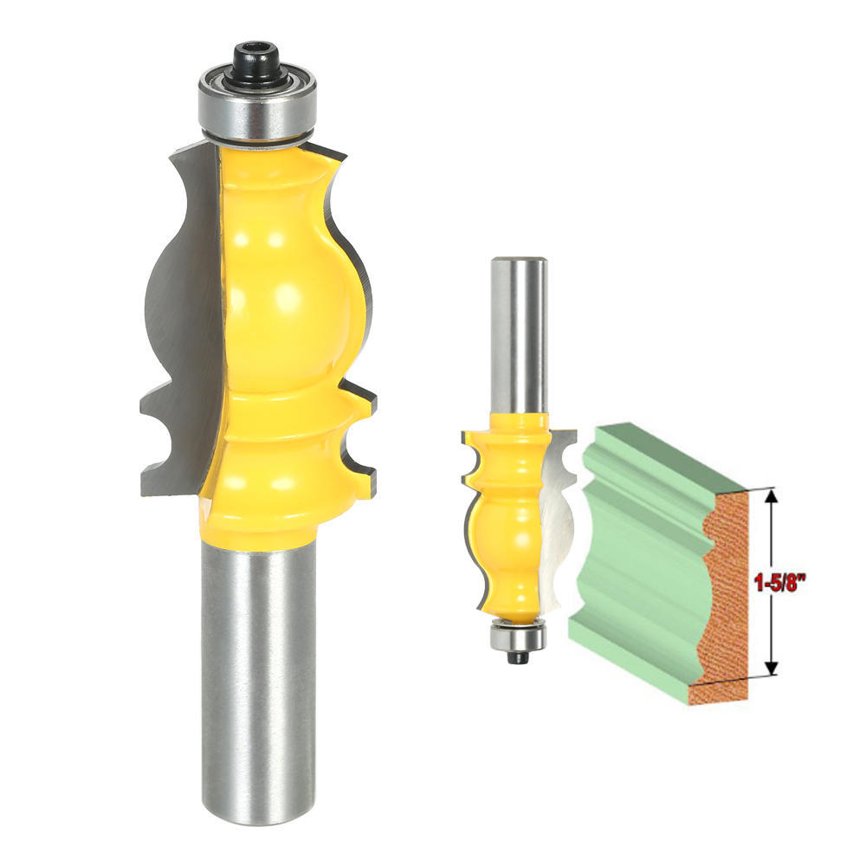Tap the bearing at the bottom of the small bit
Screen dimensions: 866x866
(x=517, y=637)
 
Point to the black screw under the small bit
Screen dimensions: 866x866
(x=518, y=657)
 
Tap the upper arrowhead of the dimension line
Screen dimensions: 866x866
(x=770, y=495)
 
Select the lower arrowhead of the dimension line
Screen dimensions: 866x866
(x=770, y=667)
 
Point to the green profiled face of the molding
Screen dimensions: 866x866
(x=641, y=554)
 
